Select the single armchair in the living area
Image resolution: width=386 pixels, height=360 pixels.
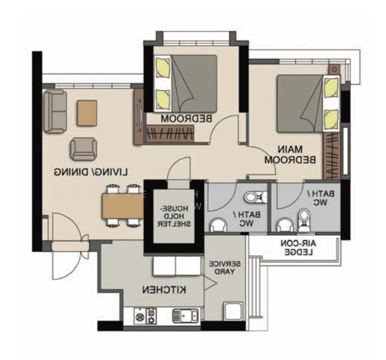click(83, 149)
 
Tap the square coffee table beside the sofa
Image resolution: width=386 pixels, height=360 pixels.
click(87, 112)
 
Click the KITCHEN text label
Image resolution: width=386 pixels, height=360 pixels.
click(164, 290)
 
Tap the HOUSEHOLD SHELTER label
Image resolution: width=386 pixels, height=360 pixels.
click(175, 215)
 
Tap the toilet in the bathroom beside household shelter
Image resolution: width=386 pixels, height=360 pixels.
click(252, 198)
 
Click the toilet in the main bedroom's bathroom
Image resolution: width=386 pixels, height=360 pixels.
click(304, 220)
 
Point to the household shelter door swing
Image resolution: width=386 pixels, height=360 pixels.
click(178, 169)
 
